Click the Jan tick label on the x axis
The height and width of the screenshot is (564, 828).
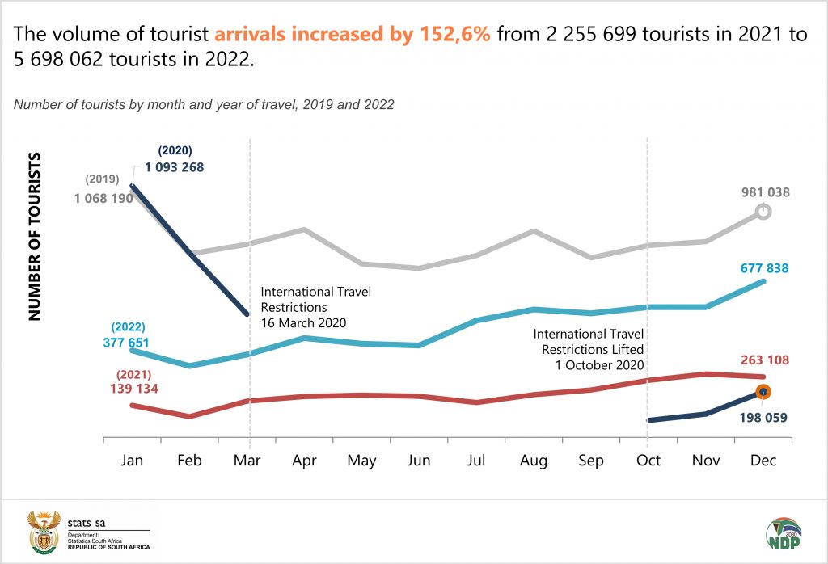tap(132, 461)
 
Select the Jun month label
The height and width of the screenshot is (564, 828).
tap(419, 461)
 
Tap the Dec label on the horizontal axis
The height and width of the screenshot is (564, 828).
tap(763, 461)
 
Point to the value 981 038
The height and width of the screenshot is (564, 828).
tap(765, 192)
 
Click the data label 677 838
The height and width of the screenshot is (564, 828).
tap(765, 268)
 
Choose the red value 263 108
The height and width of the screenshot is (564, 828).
tap(765, 360)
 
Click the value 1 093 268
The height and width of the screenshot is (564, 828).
tap(175, 167)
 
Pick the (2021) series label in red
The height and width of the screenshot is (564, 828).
tap(134, 375)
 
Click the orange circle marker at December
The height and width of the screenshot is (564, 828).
tap(763, 392)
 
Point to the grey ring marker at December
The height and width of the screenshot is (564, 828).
tap(763, 212)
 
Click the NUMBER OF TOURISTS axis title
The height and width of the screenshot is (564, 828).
tap(36, 234)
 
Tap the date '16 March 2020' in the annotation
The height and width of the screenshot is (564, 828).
tap(303, 322)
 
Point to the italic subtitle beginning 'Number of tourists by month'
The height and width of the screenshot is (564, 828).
tap(204, 104)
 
